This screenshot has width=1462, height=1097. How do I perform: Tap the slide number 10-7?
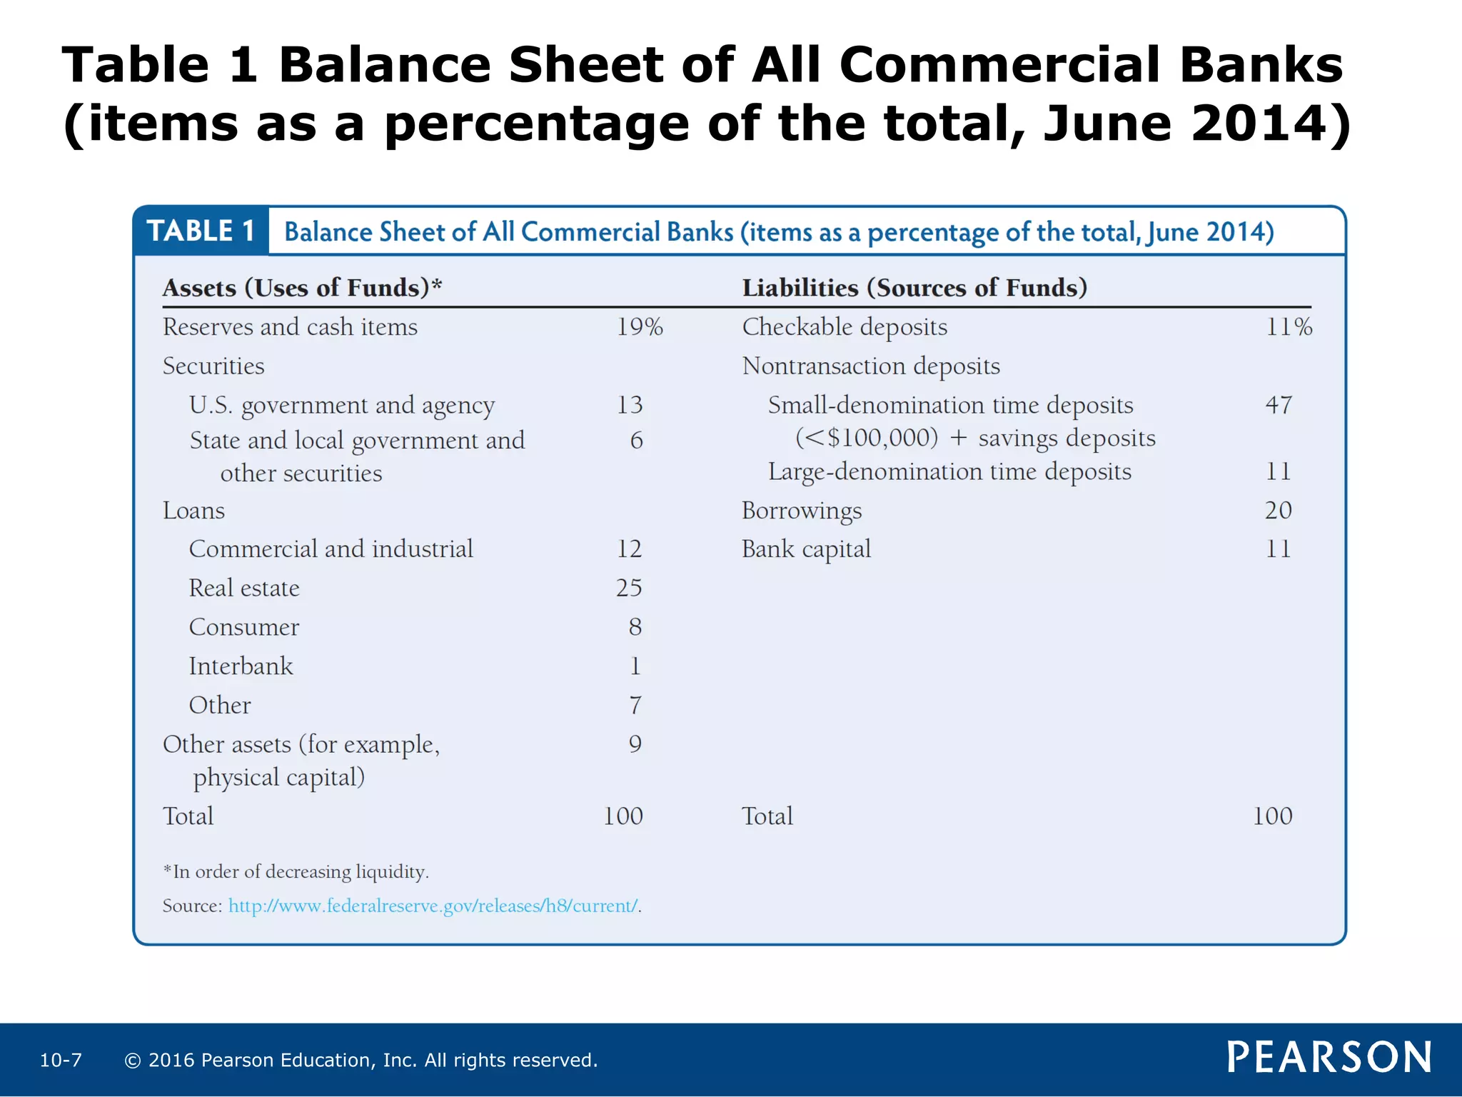coord(61,1060)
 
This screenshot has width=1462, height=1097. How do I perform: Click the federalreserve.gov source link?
coord(433,906)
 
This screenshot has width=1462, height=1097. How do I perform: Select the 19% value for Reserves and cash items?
coord(640,327)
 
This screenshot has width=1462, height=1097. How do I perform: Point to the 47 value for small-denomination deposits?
coord(1279,405)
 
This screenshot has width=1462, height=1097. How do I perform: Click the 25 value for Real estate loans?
coord(629,588)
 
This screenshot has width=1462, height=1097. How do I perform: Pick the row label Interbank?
coord(241,666)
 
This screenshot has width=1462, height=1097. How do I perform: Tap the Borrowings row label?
coord(802,511)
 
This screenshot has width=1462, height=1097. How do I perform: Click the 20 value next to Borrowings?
coord(1278,510)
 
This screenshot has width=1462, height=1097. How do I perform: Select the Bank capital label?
coord(806,549)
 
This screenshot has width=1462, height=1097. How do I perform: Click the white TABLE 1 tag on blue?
coord(201,231)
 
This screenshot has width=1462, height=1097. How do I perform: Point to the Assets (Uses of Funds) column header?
coord(302,288)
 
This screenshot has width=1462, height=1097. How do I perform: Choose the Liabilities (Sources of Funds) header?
coord(914,288)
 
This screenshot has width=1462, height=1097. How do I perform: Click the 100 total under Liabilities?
coord(1272,816)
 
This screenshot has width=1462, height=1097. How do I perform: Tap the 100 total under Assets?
coord(622,816)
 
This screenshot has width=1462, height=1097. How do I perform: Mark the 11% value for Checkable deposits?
coord(1289,327)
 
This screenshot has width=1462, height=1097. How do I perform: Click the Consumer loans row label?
coord(244,627)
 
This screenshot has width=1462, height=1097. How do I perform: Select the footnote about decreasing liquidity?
coord(296,872)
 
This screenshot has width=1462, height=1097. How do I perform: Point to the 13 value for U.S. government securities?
coord(630,405)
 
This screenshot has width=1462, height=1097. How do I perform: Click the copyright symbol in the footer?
coord(132,1061)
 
